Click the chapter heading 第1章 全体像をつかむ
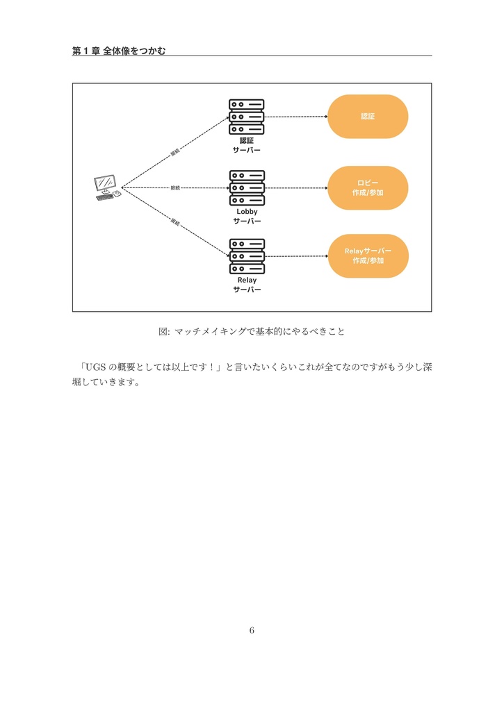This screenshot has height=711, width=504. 119,51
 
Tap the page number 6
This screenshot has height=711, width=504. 252,630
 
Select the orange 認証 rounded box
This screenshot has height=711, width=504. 368,117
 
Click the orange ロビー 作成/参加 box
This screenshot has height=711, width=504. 368,187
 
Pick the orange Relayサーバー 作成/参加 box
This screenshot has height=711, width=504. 368,256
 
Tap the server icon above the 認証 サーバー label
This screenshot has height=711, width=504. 247,117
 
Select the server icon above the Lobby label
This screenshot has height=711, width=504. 247,187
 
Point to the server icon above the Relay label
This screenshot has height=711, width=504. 247,256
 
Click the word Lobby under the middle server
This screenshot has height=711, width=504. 247,211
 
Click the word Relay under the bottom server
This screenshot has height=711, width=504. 247,280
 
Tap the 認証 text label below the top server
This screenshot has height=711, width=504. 247,140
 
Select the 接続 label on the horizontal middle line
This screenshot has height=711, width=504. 175,187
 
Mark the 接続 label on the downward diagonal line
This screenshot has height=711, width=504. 175,223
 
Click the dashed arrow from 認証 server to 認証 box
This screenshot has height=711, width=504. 296,117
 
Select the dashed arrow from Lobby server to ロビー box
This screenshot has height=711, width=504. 296,187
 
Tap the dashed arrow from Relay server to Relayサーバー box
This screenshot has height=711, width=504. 296,256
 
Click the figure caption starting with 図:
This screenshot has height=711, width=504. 252,332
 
